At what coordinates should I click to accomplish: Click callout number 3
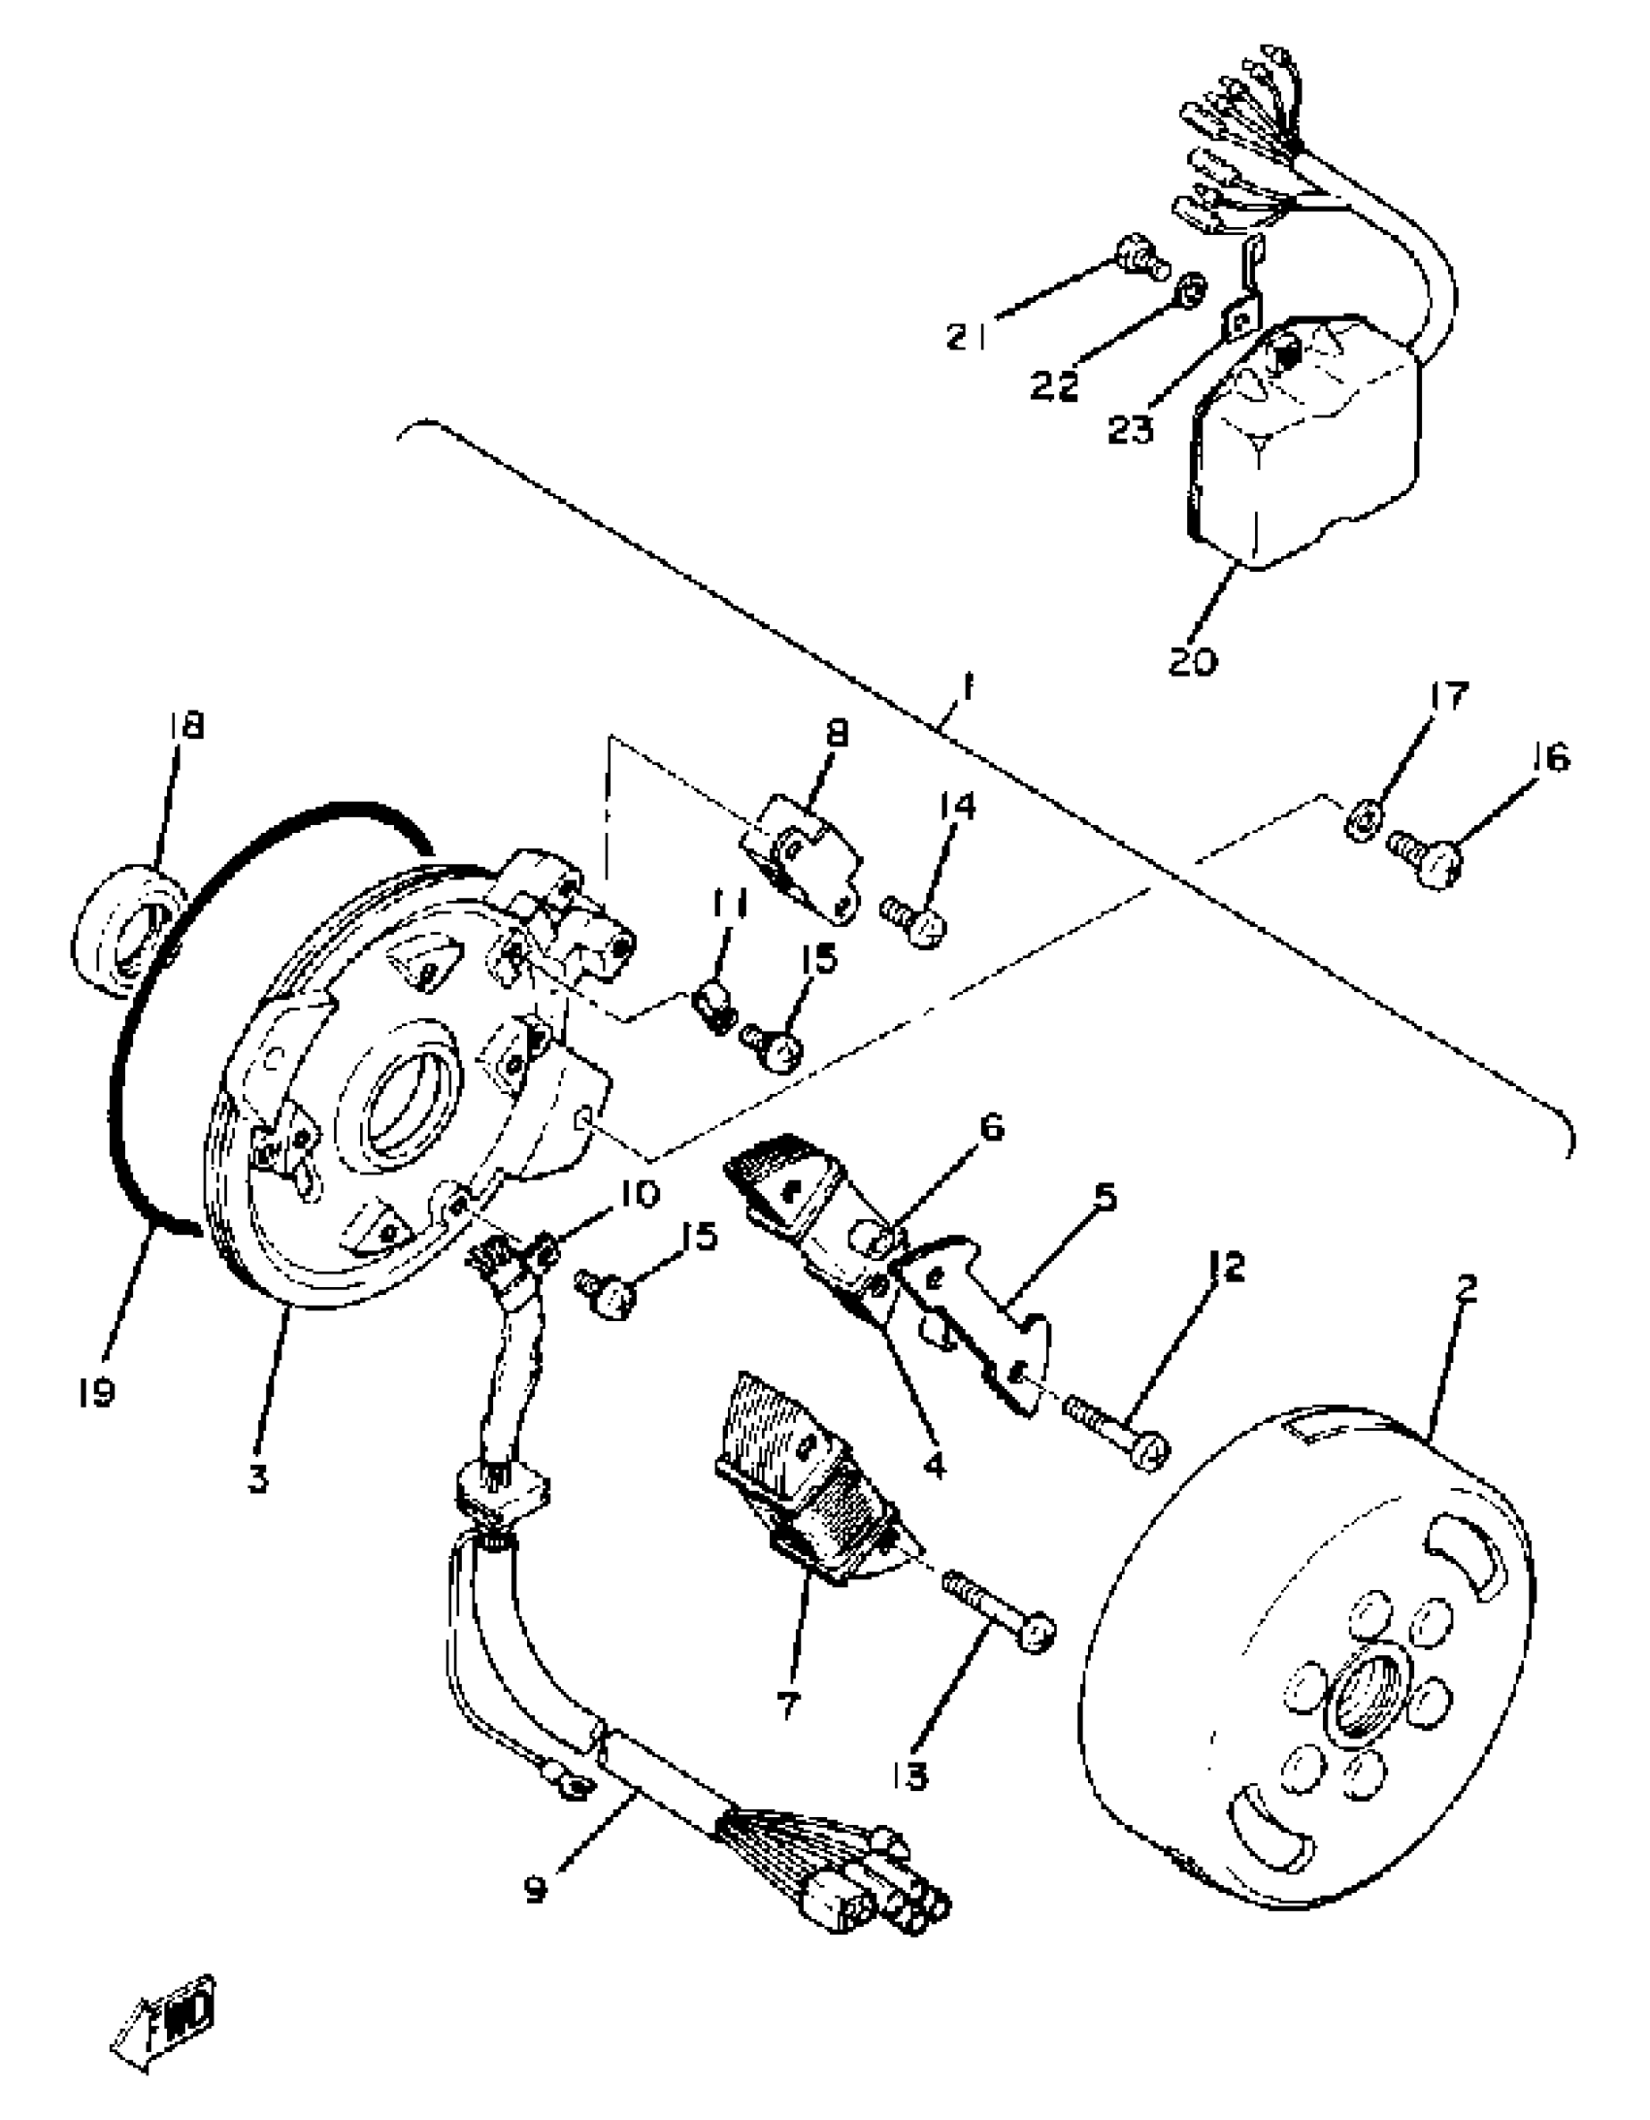click(x=257, y=1481)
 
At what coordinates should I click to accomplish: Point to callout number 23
click(x=1131, y=428)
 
